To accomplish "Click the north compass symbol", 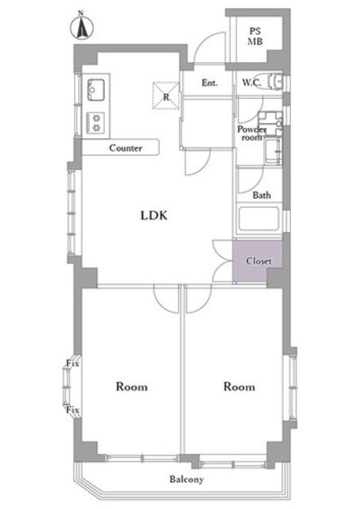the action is (x=82, y=25).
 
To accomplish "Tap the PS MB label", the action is (x=255, y=37).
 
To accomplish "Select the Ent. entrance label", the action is (x=210, y=83).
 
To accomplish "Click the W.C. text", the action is (x=251, y=83).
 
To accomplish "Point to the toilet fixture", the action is (x=275, y=82).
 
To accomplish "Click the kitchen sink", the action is (x=95, y=90).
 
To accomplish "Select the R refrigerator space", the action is (x=166, y=95).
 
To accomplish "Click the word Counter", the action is (x=126, y=149).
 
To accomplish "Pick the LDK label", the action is (x=153, y=216).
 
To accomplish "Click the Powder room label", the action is (x=252, y=134).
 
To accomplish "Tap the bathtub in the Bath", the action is (x=258, y=220).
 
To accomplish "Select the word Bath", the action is (x=261, y=195).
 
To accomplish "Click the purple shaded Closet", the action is (x=257, y=261).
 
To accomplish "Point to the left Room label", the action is (x=132, y=387).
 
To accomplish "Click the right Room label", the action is (x=239, y=387).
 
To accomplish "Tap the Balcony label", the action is (x=187, y=480).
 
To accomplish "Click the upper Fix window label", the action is (x=72, y=363).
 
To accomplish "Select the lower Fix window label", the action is (x=72, y=410).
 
